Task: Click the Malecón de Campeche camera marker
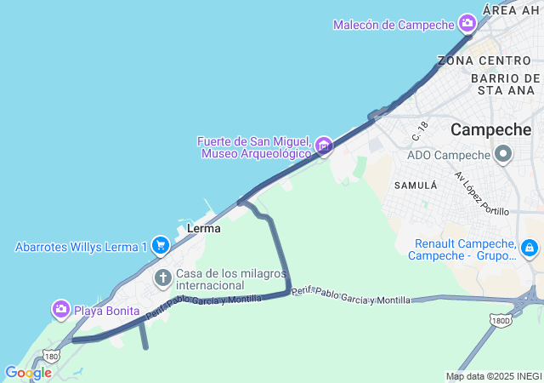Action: pyautogui.click(x=467, y=23)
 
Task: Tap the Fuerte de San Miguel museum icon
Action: pyautogui.click(x=323, y=147)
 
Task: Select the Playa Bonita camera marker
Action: pyautogui.click(x=60, y=310)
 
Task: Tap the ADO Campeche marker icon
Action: pyautogui.click(x=503, y=155)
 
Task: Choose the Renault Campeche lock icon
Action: pyautogui.click(x=530, y=248)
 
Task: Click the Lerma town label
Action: pyautogui.click(x=203, y=228)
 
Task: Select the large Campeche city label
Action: pyautogui.click(x=491, y=130)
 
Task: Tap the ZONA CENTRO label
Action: pyautogui.click(x=484, y=60)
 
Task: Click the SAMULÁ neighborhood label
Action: pyautogui.click(x=415, y=185)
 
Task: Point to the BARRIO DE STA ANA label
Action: pyautogui.click(x=505, y=83)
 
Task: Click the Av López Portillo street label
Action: pyautogui.click(x=481, y=193)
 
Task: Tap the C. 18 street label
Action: pyautogui.click(x=420, y=131)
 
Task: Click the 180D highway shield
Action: pyautogui.click(x=501, y=319)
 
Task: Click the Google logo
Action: pyautogui.click(x=28, y=373)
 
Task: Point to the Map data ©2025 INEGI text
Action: pyautogui.click(x=494, y=376)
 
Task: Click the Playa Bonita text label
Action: pyautogui.click(x=109, y=311)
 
